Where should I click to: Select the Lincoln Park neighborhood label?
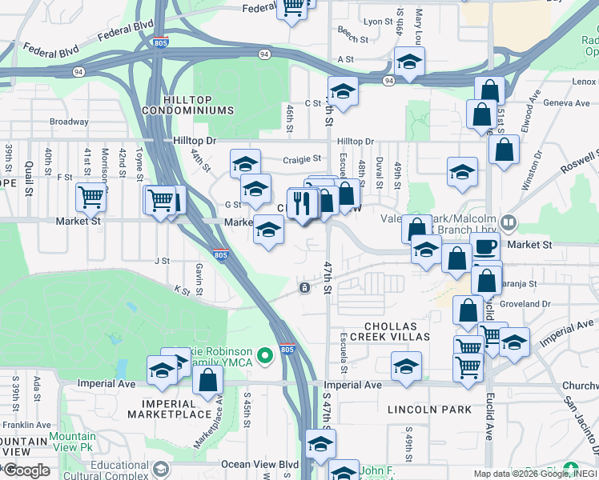(x=429, y=409)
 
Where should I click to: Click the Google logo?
(x=26, y=470)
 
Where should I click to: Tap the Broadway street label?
(x=69, y=122)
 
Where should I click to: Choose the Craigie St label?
(x=302, y=159)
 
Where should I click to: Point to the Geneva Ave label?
(x=566, y=103)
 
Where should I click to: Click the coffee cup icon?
(x=485, y=247)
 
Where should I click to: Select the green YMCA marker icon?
(x=265, y=353)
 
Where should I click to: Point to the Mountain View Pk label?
(x=73, y=441)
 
